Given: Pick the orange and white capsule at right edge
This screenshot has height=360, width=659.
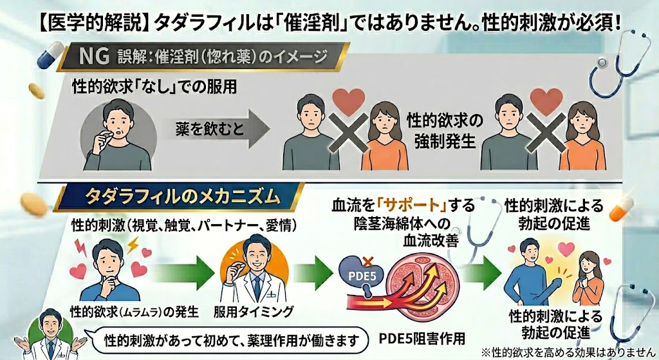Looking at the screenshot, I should point(620,209).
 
